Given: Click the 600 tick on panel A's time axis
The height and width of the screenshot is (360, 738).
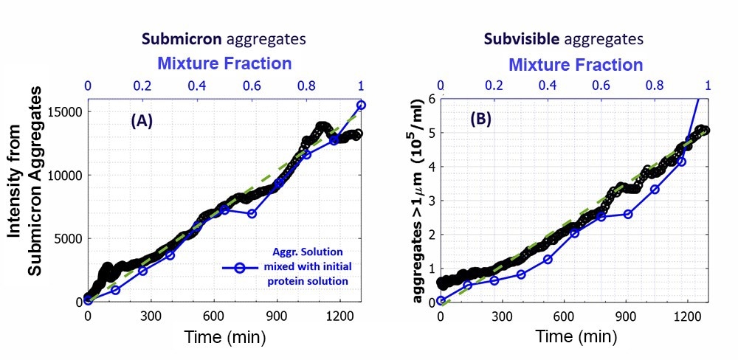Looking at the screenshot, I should (214, 316).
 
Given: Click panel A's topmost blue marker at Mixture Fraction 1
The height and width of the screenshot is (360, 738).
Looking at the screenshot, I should (361, 105).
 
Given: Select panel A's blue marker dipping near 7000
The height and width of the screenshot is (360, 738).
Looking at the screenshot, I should (252, 214).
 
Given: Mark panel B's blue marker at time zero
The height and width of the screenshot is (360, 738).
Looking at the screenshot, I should (441, 301).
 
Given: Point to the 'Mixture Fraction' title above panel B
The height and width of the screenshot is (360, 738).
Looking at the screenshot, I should (576, 63).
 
